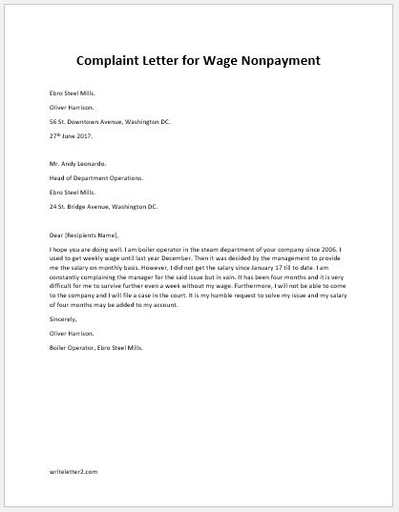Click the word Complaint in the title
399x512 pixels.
116,60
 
